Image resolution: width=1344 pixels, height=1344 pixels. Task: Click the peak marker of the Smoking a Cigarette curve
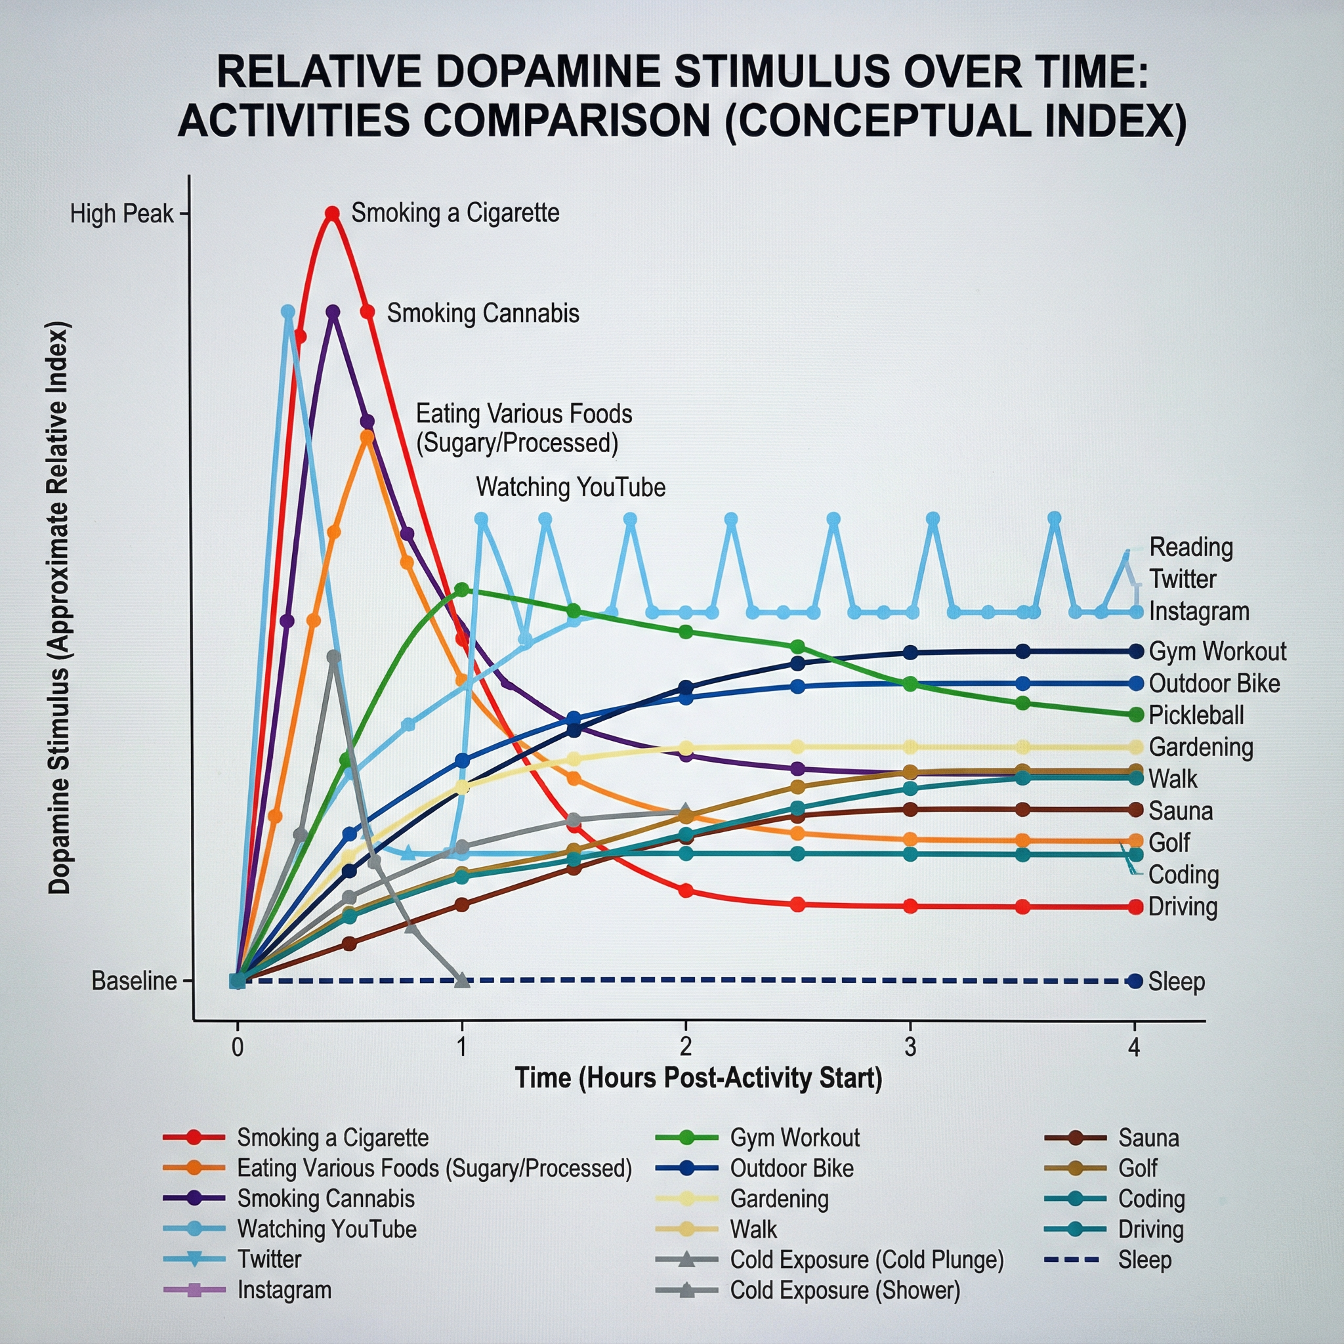pyautogui.click(x=333, y=213)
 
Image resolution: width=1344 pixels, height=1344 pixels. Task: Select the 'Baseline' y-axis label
pyautogui.click(x=134, y=981)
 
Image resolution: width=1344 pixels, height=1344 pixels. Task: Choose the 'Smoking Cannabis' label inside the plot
pyautogui.click(x=483, y=313)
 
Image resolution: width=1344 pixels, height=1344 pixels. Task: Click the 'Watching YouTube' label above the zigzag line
pyautogui.click(x=570, y=487)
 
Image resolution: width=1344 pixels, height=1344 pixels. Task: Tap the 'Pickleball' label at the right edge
pyautogui.click(x=1196, y=715)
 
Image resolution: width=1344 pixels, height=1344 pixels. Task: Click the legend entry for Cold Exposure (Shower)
pyautogui.click(x=845, y=1290)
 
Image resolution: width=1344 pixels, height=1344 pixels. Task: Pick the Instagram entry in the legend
pyautogui.click(x=283, y=1290)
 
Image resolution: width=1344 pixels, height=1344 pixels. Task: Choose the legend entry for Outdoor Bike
pyautogui.click(x=791, y=1168)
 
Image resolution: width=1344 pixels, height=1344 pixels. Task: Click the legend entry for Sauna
pyautogui.click(x=1148, y=1137)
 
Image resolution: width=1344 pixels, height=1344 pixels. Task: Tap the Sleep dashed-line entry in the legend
pyautogui.click(x=1144, y=1260)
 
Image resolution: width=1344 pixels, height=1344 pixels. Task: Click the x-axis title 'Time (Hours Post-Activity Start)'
pyautogui.click(x=698, y=1078)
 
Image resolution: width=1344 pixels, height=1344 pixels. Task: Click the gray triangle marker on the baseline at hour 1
pyautogui.click(x=462, y=980)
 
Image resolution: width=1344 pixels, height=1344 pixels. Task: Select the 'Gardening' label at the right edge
pyautogui.click(x=1201, y=747)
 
